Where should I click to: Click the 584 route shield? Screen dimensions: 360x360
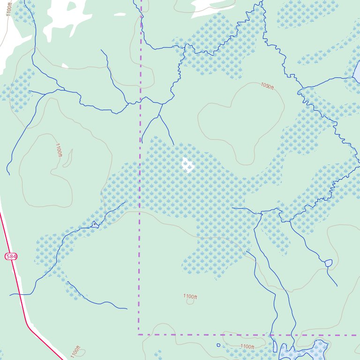click(x=11, y=256)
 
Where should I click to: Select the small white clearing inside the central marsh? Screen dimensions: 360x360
click(x=187, y=165)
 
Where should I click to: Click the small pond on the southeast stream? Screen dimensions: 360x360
click(x=328, y=263)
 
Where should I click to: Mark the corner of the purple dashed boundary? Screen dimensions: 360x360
click(x=139, y=335)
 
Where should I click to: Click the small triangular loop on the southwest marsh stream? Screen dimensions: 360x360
click(x=95, y=224)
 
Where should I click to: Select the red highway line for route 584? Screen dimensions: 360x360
click(x=19, y=300)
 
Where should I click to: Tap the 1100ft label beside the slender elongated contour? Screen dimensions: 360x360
click(x=58, y=150)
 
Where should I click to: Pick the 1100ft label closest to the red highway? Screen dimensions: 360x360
click(x=76, y=352)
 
